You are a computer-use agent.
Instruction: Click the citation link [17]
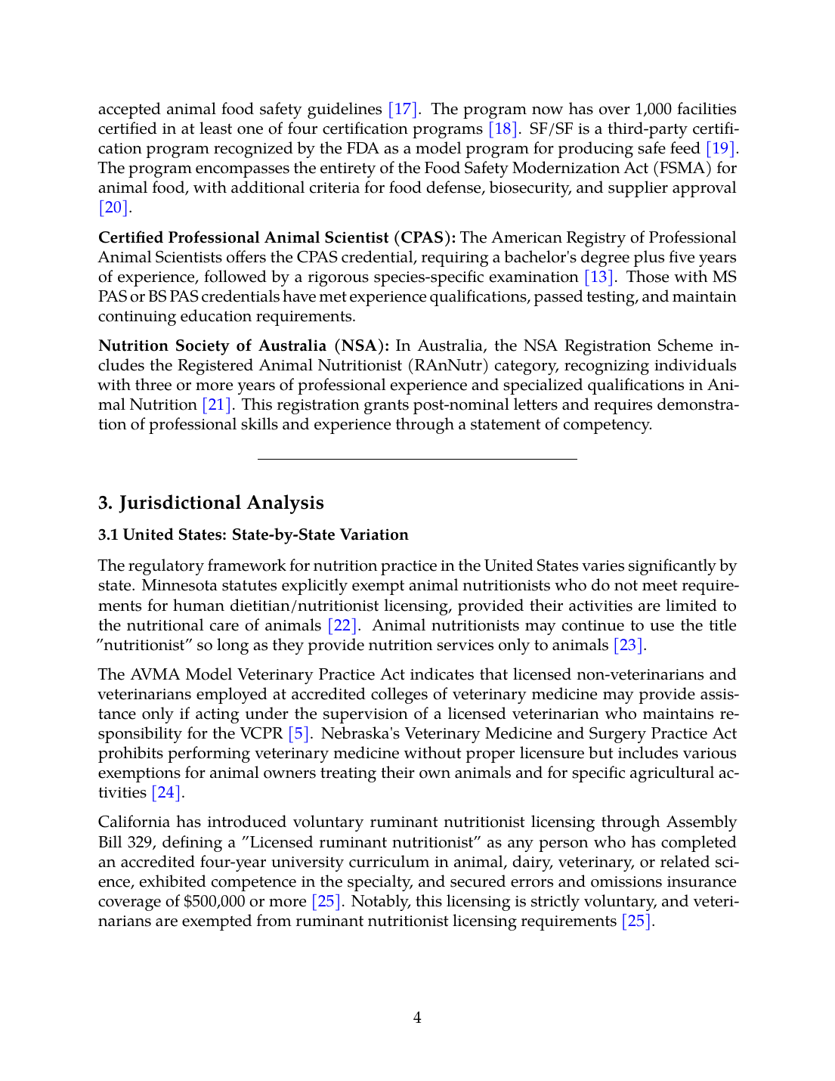tap(403, 110)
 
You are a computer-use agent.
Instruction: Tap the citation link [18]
tap(503, 129)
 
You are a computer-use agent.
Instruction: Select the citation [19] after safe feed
tap(720, 149)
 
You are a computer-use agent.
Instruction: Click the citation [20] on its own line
tap(113, 207)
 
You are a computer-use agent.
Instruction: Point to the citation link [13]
tap(599, 277)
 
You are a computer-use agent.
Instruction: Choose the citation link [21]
tap(217, 405)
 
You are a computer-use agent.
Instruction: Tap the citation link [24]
tap(166, 793)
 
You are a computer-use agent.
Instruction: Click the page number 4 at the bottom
tap(417, 1018)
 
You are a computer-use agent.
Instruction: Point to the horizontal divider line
tap(417, 459)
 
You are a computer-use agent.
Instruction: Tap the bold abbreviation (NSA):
tap(361, 346)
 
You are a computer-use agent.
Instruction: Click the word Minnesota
tap(178, 586)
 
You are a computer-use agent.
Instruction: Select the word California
tap(135, 822)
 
